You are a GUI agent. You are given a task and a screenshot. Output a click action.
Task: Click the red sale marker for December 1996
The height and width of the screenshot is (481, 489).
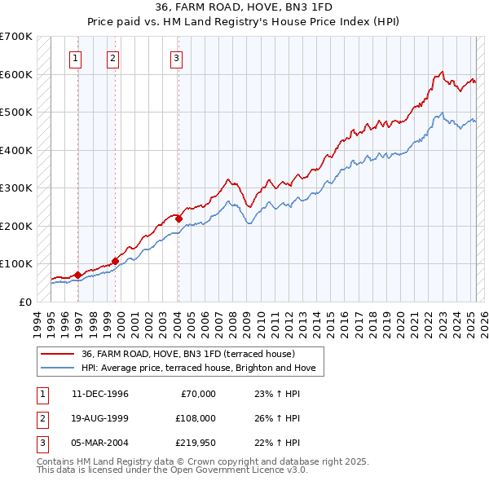coord(78,275)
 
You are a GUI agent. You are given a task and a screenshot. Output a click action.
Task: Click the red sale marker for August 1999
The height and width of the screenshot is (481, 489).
coord(116,261)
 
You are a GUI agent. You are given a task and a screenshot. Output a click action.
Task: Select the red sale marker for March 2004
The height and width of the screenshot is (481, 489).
coord(178,218)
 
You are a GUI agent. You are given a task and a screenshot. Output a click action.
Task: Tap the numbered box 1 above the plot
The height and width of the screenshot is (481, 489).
coord(75,58)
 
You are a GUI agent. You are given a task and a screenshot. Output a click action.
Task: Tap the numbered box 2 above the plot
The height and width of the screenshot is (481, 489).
coord(112,58)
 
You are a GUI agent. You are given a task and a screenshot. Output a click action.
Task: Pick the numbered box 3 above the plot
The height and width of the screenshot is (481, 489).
coord(175,58)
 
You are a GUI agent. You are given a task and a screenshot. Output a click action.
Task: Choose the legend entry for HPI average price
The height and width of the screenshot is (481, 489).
coord(203,368)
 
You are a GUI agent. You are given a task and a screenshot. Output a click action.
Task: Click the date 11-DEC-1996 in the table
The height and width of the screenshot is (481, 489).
coord(100,394)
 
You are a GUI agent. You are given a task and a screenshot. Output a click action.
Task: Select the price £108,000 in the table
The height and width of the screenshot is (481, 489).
coord(196,419)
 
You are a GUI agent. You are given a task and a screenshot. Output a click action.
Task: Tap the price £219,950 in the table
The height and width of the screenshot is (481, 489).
coord(196,444)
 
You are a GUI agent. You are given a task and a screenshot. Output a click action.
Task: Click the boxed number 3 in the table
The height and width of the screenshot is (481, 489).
coord(41,444)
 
